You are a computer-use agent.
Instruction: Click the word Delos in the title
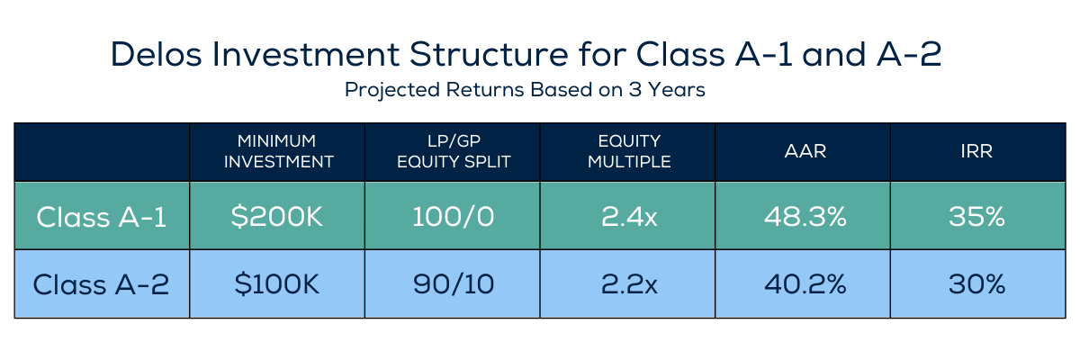[x=157, y=54]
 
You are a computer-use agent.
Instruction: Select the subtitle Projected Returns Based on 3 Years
[x=525, y=90]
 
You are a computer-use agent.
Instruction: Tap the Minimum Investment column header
[x=278, y=151]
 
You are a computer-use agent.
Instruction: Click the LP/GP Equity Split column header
[x=454, y=151]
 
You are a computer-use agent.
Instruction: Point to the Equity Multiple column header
[x=629, y=151]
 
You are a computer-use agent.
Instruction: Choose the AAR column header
[x=805, y=151]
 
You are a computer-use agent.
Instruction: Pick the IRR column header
[x=976, y=151]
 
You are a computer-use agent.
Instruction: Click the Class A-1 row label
[x=101, y=217]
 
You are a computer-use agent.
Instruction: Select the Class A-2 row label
[x=101, y=284]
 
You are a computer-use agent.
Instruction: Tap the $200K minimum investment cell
[x=277, y=216]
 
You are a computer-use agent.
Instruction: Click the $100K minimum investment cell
[x=277, y=283]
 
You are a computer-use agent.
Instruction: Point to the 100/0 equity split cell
[x=454, y=216]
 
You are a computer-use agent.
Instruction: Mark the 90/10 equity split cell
[x=454, y=283]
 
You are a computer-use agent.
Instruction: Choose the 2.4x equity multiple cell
[x=629, y=216]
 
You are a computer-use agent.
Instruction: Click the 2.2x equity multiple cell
[x=629, y=283]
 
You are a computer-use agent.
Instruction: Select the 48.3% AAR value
[x=805, y=216]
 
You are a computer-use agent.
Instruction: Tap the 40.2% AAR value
[x=805, y=283]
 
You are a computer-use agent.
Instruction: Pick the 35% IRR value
[x=976, y=216]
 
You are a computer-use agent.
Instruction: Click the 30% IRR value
[x=976, y=283]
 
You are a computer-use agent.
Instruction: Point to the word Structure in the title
[x=489, y=54]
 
